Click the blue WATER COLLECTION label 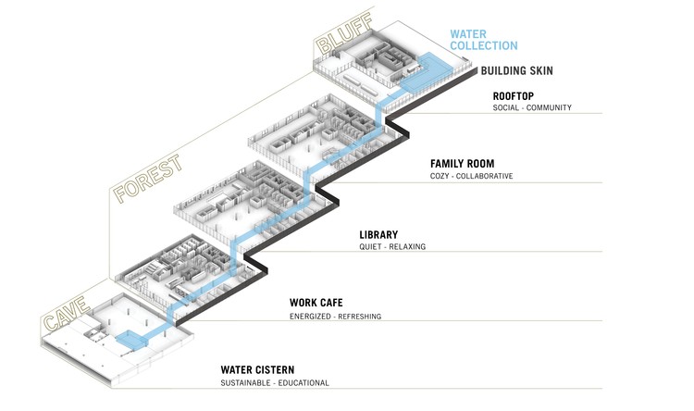[x=483, y=40]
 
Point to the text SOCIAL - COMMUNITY [x=532, y=107]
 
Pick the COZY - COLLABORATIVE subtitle [x=471, y=176]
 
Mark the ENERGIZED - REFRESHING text [x=335, y=317]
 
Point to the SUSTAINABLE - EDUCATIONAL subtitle [x=275, y=383]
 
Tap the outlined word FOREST [x=147, y=178]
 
